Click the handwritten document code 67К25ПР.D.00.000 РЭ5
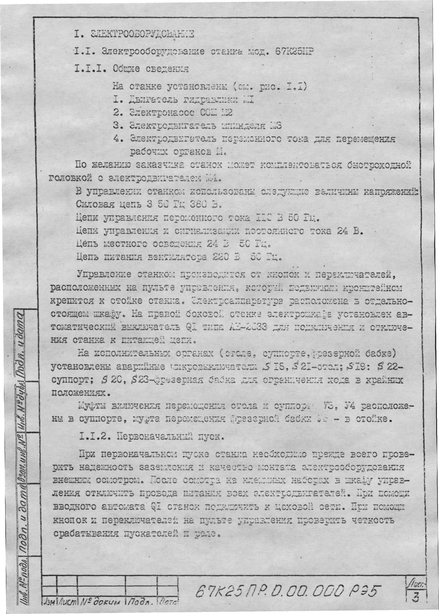pyautogui.click(x=288, y=589)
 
